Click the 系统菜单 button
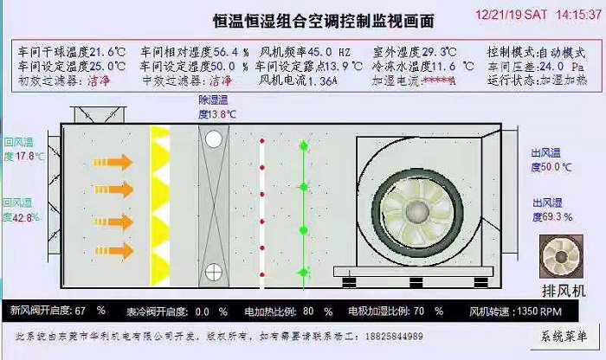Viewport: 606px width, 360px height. tap(562, 337)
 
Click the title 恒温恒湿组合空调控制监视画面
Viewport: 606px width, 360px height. tap(324, 18)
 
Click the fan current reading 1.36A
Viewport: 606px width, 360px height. tap(323, 80)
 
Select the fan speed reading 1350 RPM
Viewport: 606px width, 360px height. tap(539, 310)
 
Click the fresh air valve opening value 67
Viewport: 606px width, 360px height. tap(81, 310)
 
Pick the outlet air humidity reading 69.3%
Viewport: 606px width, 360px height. tap(556, 216)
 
